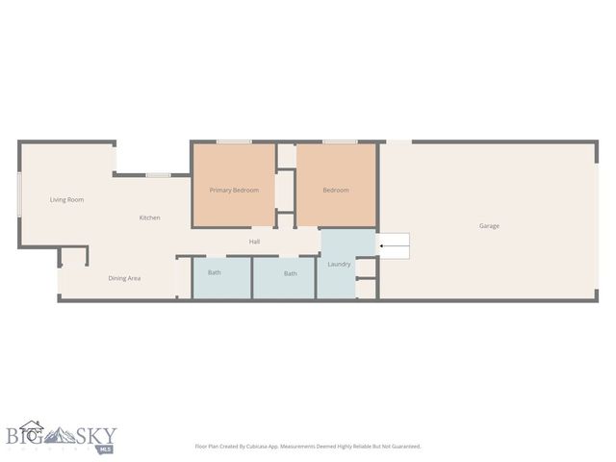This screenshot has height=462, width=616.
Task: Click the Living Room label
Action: tap(67, 199)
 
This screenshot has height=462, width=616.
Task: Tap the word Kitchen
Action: tap(149, 218)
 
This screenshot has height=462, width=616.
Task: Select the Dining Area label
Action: tap(124, 278)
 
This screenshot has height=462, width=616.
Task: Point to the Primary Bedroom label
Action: tap(234, 190)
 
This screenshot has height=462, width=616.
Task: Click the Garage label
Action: tap(489, 226)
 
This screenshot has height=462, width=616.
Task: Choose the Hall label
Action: tap(255, 242)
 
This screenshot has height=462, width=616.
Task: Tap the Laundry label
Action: tap(339, 264)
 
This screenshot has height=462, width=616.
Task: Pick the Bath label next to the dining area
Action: tap(214, 273)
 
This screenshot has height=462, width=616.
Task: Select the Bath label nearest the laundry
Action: tap(290, 273)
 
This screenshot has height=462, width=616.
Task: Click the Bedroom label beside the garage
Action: tap(335, 190)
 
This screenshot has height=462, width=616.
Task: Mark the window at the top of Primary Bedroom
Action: tap(234, 142)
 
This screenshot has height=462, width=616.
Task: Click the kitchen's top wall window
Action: tap(159, 174)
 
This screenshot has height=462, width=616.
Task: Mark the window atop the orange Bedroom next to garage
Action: tap(339, 142)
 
